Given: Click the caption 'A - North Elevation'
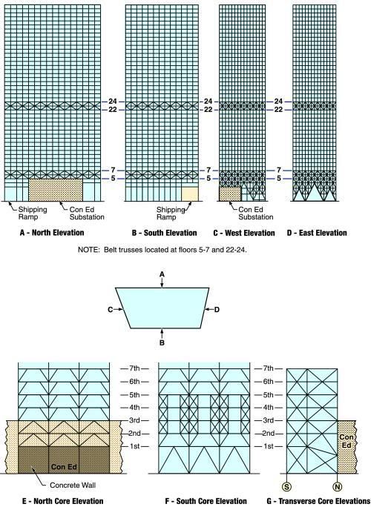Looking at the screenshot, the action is click(52, 233).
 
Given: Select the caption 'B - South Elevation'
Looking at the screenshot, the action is click(164, 233).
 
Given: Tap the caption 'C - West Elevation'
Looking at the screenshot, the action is click(244, 233).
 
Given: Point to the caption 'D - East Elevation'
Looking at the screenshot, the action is click(317, 233).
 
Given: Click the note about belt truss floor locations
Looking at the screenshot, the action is click(162, 250).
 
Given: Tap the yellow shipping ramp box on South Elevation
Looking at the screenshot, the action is click(189, 193).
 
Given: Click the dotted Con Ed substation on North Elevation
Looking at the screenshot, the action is click(56, 190).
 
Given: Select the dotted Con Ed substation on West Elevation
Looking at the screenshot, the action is click(230, 193).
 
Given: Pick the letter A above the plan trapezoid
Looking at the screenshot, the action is click(162, 274).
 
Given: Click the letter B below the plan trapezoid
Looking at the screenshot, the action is click(162, 342).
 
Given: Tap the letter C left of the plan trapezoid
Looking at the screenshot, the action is click(110, 310).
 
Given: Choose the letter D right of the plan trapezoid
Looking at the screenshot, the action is click(217, 310).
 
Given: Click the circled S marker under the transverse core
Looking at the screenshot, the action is click(287, 487).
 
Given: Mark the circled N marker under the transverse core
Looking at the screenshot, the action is click(338, 487).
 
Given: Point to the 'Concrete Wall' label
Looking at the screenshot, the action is click(73, 485).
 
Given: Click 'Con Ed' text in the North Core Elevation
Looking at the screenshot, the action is click(64, 466).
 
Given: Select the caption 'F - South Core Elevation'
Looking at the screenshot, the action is click(206, 502).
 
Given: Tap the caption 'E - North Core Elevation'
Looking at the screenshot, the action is click(63, 502).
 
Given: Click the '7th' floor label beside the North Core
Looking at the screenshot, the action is click(134, 368).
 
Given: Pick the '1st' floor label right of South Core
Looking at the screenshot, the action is click(269, 446).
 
